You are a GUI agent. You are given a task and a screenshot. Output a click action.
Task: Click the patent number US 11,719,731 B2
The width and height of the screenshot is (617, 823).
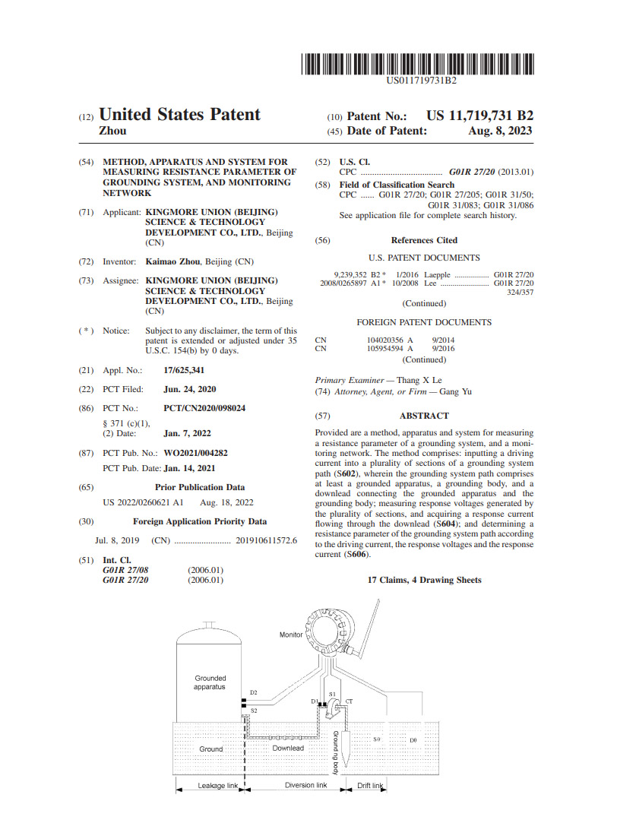coord(479,116)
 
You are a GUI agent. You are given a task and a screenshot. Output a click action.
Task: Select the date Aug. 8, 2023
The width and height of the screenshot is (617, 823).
coord(501,131)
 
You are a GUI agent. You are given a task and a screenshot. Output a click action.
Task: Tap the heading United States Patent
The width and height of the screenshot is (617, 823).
coord(180,115)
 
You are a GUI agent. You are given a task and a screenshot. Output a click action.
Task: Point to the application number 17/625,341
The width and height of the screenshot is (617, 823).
coord(184,370)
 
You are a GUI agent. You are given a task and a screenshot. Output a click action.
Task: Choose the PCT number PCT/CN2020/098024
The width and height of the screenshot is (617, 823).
coord(204,408)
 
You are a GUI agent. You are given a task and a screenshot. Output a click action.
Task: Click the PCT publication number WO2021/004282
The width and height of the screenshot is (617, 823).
coord(195,453)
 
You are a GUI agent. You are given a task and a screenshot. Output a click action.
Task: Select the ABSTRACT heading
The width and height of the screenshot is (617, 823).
coord(424,416)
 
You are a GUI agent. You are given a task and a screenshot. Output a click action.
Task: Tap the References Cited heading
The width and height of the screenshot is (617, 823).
coord(424,240)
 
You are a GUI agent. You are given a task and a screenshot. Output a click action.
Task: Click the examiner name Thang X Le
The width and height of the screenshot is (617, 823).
coord(420,380)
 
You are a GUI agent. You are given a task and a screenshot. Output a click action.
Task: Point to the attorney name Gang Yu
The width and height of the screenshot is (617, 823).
coord(456,392)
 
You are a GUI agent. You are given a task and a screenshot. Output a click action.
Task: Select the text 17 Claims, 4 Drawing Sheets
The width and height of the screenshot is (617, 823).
coord(424,580)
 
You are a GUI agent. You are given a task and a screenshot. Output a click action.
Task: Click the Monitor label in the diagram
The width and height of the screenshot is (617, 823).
coord(291,635)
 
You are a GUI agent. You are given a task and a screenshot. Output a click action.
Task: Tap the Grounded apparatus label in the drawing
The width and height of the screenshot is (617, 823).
coord(210,682)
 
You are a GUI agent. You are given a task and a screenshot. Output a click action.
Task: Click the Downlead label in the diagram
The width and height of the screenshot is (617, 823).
coord(288,749)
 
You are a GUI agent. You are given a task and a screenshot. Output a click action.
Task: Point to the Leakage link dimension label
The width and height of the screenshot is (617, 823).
coord(217,786)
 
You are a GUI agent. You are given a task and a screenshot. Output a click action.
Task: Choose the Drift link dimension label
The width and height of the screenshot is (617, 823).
coord(369,786)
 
